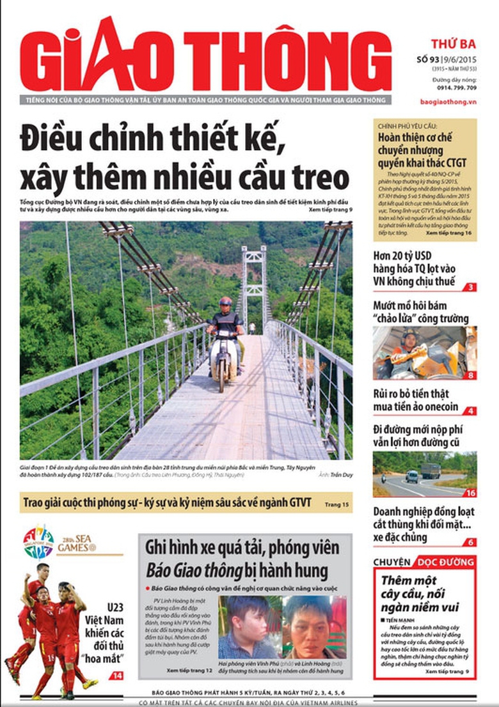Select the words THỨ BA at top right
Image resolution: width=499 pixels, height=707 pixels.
[453, 44]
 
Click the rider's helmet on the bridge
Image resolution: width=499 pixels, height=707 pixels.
[225, 302]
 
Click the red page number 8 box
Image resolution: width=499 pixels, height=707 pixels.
[470, 375]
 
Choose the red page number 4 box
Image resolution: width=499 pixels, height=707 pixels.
[470, 410]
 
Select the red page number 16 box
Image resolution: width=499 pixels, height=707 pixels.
[470, 493]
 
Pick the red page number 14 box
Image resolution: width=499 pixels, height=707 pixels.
[116, 676]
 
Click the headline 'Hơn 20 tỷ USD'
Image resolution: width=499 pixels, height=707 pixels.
[405, 256]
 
